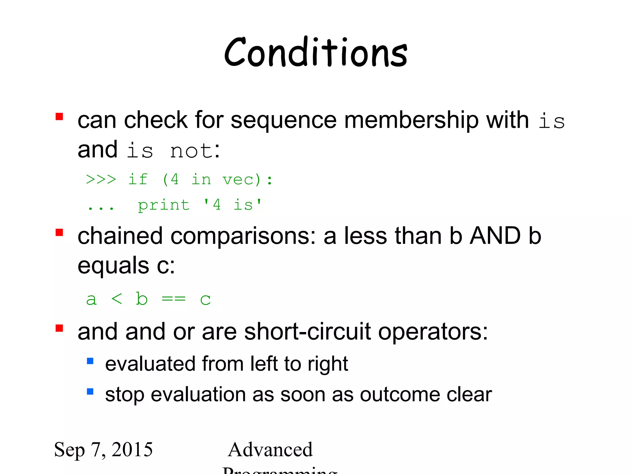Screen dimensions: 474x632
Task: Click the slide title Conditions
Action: [x=316, y=52]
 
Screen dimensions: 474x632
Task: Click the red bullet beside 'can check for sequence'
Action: [x=59, y=116]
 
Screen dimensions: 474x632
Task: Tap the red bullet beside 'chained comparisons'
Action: [x=59, y=232]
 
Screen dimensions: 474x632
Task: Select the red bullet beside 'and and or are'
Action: [x=59, y=328]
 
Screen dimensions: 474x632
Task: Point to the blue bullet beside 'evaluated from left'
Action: [x=90, y=361]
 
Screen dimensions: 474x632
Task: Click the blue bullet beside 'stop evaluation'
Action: [x=90, y=392]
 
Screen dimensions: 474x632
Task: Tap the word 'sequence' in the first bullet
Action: [x=283, y=120]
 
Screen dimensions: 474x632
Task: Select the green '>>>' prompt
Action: [x=101, y=179]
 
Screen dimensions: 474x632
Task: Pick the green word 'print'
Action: [x=164, y=205]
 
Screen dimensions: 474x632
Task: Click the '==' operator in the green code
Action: [x=174, y=299]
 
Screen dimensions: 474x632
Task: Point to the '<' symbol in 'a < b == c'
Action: [x=117, y=299]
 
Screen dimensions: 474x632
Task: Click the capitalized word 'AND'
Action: [x=495, y=236]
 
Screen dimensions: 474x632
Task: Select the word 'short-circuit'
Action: [x=307, y=332]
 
